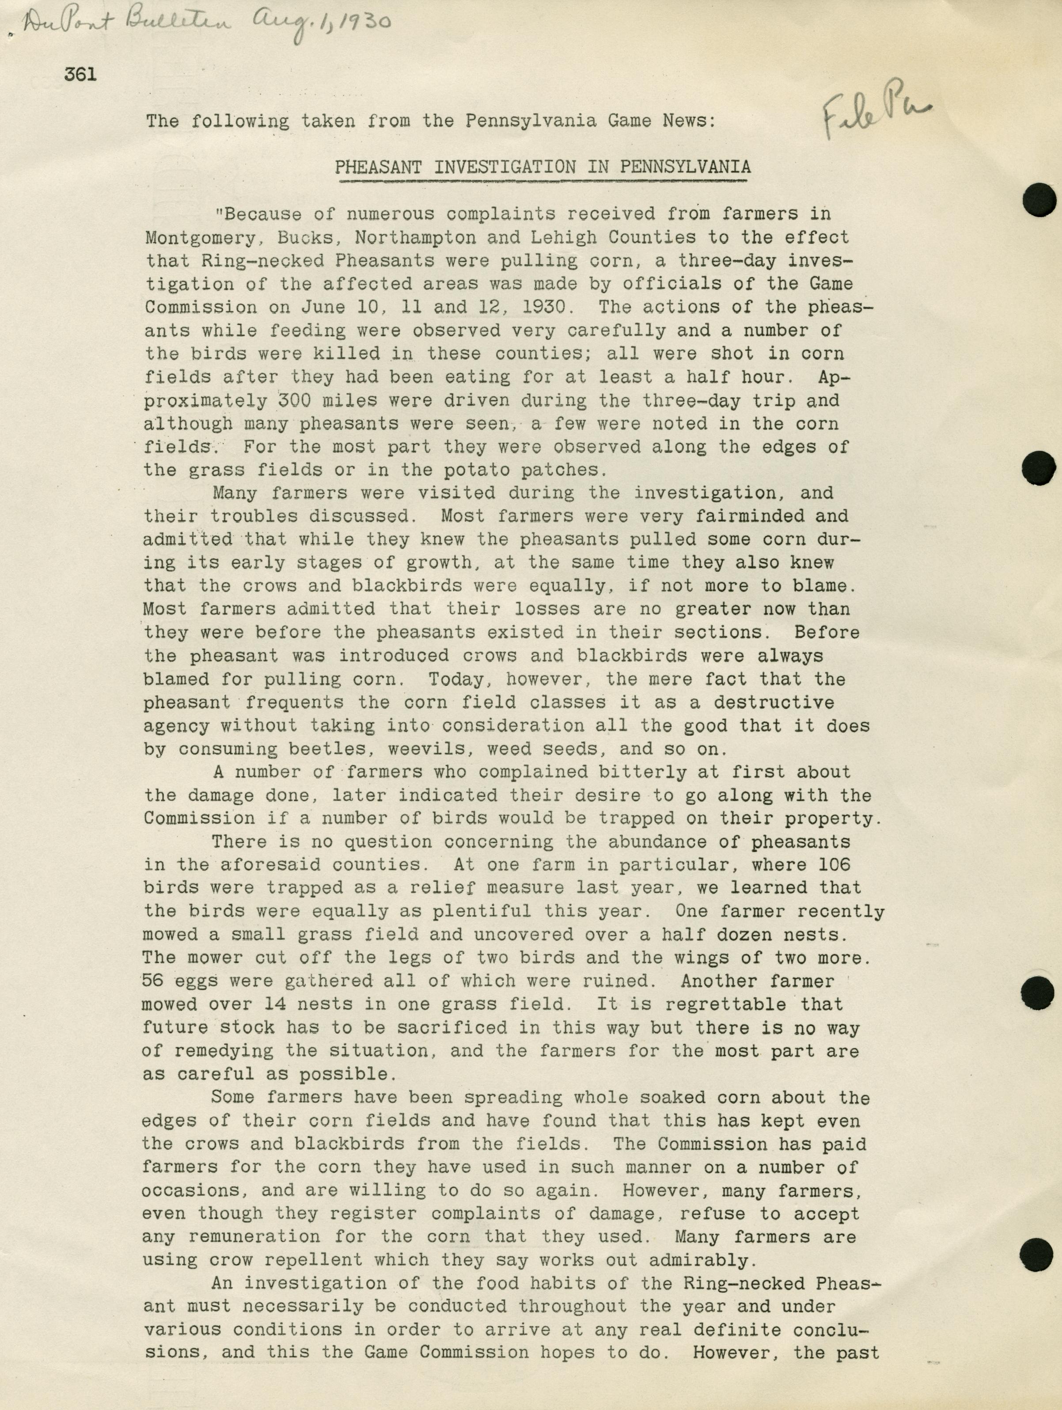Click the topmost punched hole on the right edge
pos(1039,200)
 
